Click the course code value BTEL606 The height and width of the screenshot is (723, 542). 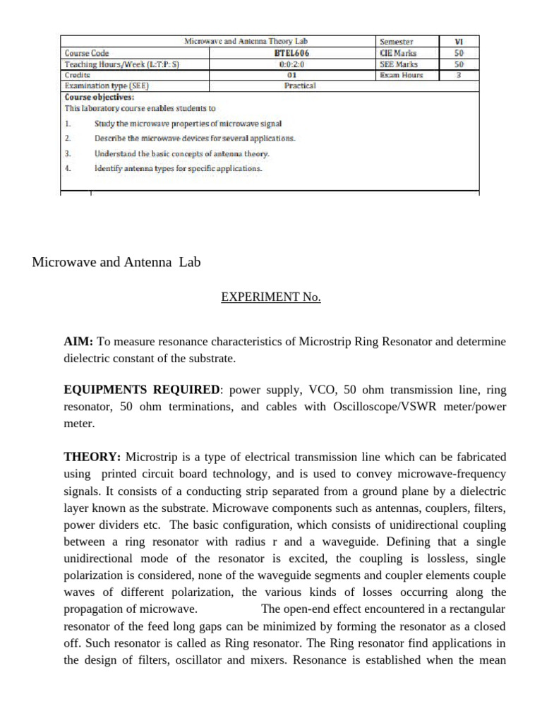click(291, 53)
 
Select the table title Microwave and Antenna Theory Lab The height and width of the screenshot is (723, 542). click(246, 42)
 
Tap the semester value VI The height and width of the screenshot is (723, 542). click(459, 42)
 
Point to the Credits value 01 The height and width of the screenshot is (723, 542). click(291, 74)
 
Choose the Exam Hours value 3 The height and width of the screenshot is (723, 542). click(459, 74)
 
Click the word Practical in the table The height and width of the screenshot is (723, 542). click(300, 85)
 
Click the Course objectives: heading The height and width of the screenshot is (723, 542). click(99, 97)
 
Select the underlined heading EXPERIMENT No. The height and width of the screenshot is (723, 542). click(271, 297)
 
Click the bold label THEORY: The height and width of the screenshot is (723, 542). click(92, 457)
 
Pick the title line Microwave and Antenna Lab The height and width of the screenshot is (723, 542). click(116, 263)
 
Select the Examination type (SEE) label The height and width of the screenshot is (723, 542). click(107, 85)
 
